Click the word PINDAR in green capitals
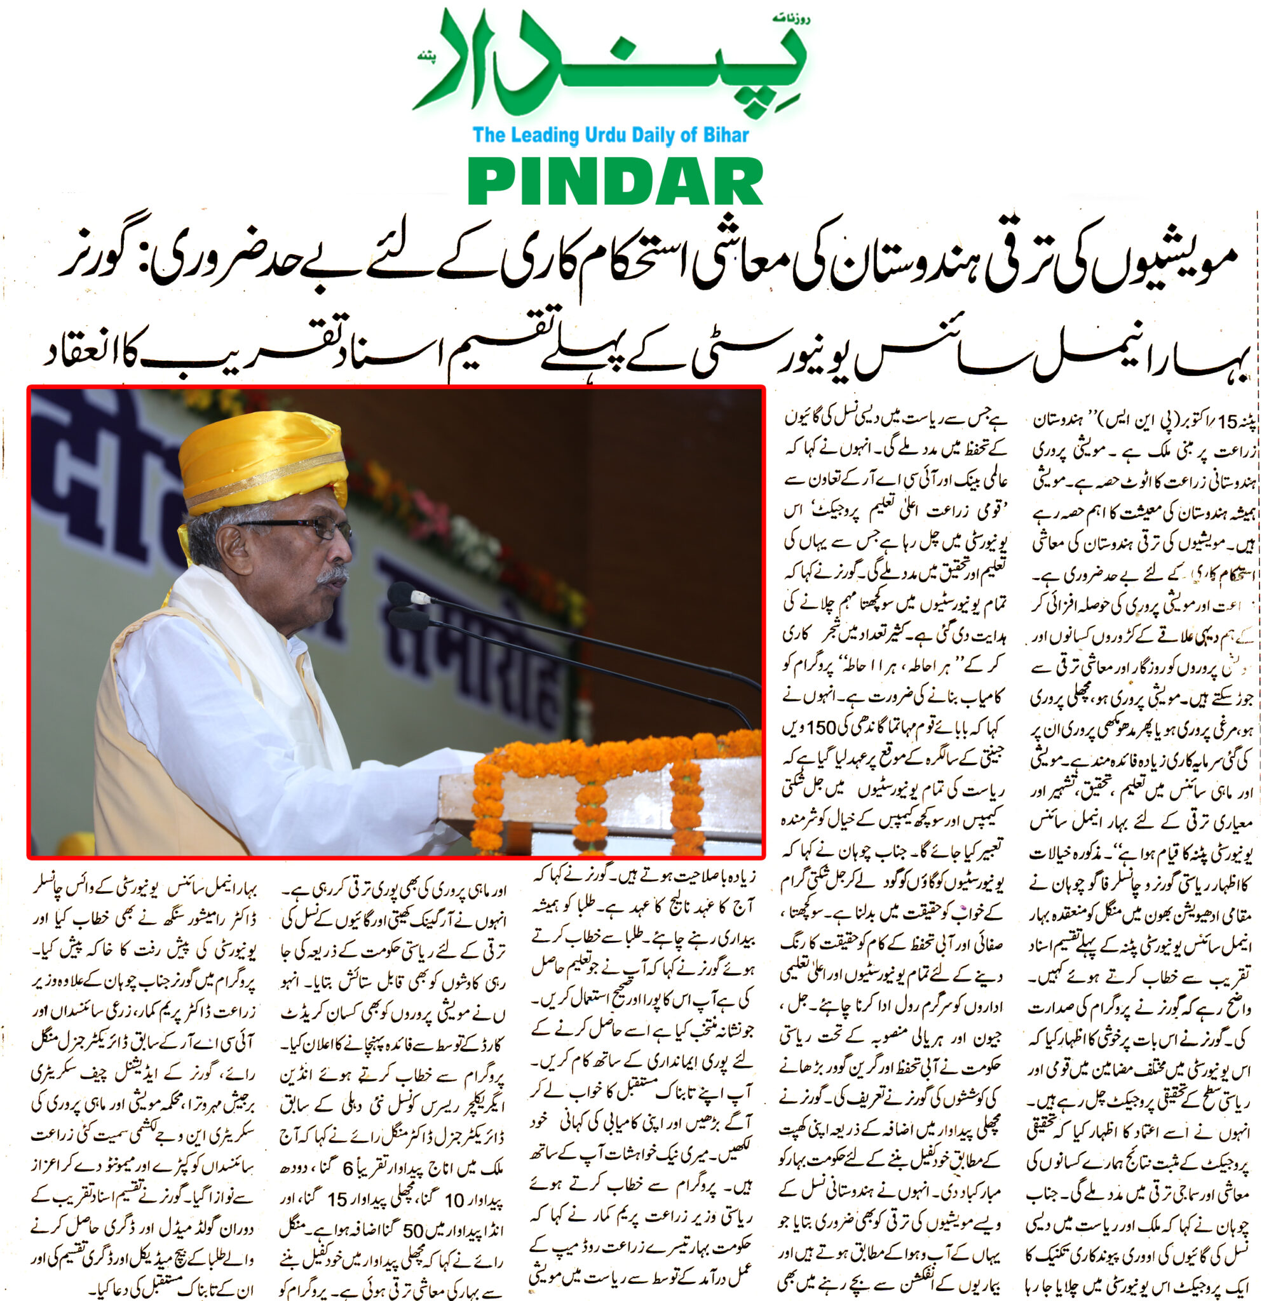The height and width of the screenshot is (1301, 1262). [x=615, y=183]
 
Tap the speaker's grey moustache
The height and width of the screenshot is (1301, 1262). [x=332, y=574]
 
